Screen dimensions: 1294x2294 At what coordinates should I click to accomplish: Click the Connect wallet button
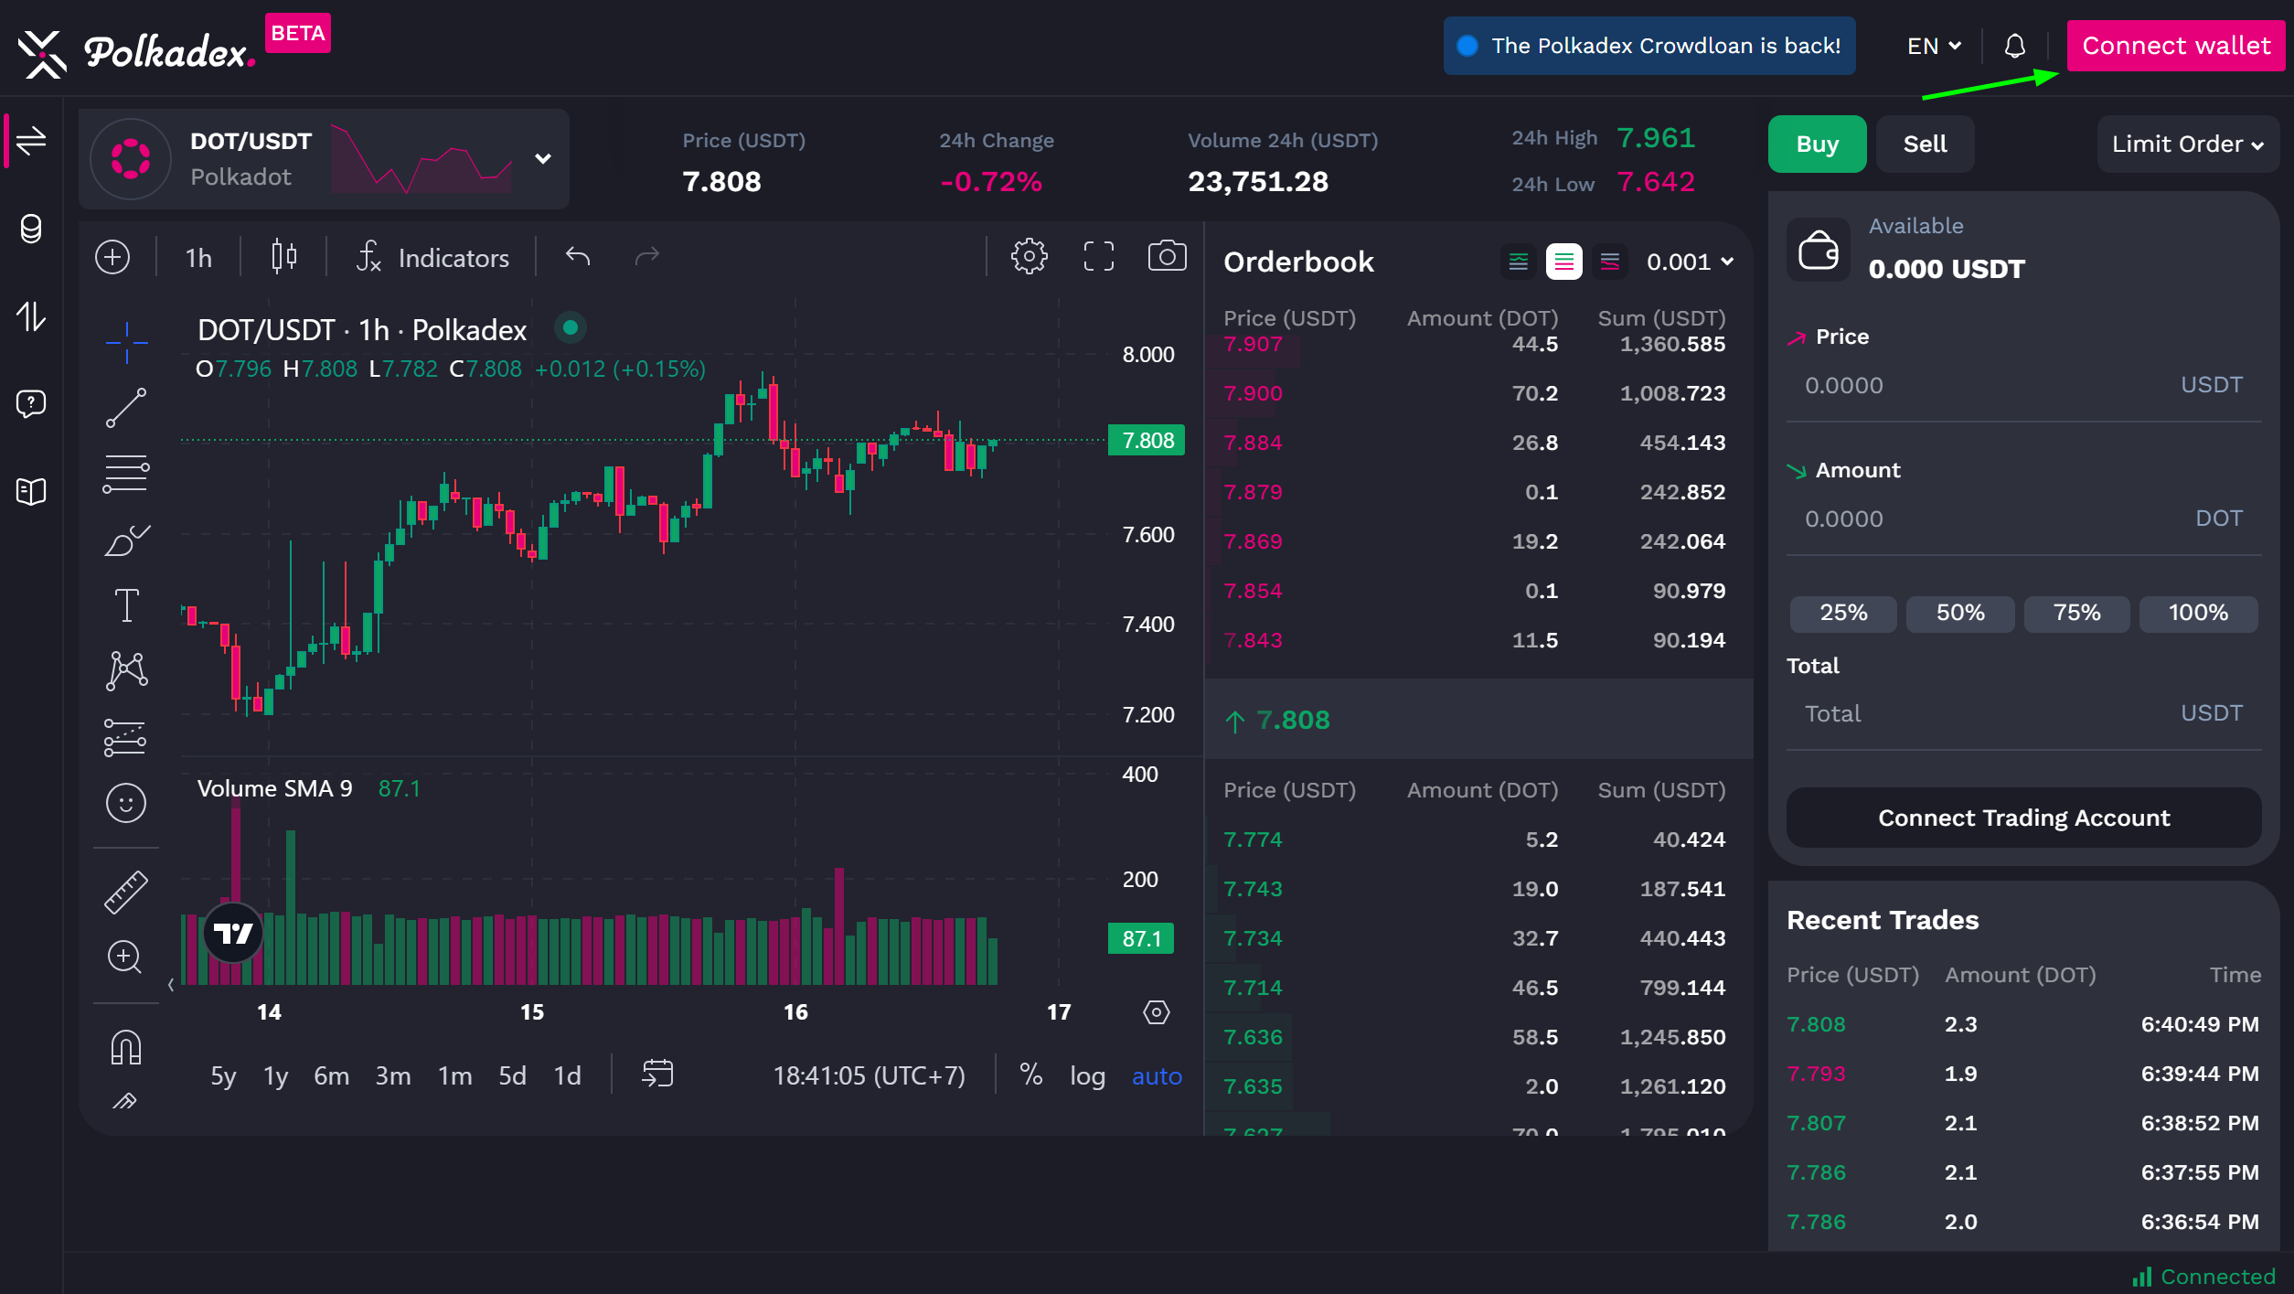point(2175,46)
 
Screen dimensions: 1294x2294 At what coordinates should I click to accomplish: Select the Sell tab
point(1925,144)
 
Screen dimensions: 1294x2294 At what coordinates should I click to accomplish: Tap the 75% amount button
point(2076,613)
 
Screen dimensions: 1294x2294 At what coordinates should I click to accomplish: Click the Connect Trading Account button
point(2023,818)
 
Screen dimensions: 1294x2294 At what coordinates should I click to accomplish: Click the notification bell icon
point(2015,46)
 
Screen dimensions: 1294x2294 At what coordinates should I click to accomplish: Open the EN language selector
point(1934,46)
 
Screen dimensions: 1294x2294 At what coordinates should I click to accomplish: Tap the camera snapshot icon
point(1167,257)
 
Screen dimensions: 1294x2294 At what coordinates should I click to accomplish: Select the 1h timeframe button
point(198,258)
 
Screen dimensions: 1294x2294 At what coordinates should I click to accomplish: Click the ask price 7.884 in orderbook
point(1253,443)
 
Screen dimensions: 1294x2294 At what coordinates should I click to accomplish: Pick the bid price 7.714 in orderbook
point(1253,988)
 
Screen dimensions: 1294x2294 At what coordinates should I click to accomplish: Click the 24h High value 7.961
point(1656,138)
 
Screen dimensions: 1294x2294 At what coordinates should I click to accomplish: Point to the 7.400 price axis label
point(1148,625)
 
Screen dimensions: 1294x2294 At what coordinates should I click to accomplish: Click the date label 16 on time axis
point(795,1012)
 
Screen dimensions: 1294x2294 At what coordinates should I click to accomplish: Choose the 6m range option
point(331,1076)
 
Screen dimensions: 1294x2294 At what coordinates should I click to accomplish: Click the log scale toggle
point(1087,1076)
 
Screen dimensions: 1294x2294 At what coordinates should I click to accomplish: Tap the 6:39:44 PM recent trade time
point(2199,1074)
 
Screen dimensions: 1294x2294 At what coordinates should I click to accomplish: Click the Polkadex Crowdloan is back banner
point(1649,46)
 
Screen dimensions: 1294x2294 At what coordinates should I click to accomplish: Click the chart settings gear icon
point(1029,257)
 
